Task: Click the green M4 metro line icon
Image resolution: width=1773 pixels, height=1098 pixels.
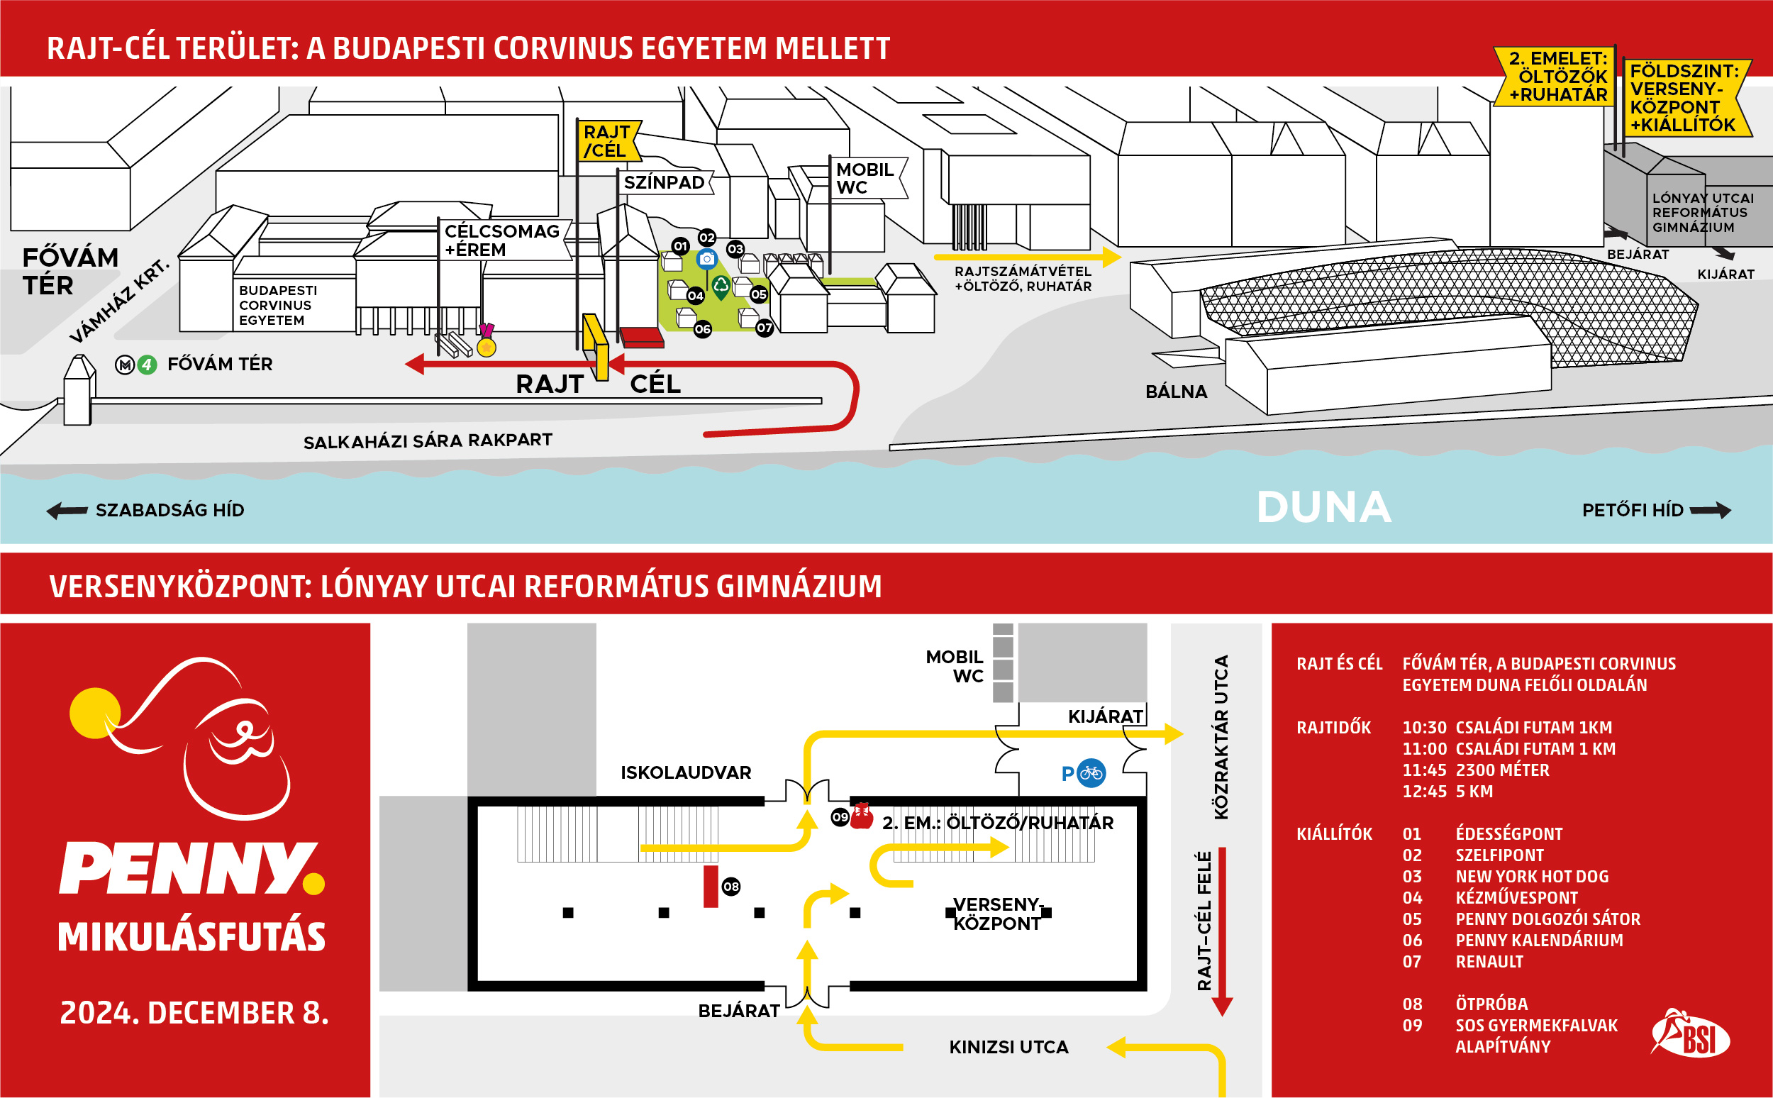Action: pos(148,364)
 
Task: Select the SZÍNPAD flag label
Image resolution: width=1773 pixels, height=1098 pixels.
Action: pos(665,182)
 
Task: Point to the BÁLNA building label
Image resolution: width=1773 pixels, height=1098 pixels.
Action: pos(1176,392)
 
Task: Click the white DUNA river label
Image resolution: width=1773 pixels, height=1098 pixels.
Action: pos(1323,506)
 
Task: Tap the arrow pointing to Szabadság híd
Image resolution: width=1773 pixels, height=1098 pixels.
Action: pos(67,511)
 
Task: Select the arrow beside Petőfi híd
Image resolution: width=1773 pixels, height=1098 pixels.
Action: pos(1711,511)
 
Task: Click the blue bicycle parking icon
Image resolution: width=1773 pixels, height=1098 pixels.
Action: pos(1091,773)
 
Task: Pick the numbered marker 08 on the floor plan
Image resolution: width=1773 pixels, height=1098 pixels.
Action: pos(731,886)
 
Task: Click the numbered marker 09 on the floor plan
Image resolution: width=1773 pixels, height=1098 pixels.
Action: pos(840,817)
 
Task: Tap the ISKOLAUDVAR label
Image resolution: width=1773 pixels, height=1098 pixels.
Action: pos(685,772)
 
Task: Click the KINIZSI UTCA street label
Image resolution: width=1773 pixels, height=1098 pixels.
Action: pos(1008,1047)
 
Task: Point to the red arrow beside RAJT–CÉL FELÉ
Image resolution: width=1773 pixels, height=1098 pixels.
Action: pos(1222,932)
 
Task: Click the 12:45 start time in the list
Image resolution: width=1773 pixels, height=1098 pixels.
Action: pos(1424,792)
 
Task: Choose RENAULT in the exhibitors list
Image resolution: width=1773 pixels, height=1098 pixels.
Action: pos(1489,962)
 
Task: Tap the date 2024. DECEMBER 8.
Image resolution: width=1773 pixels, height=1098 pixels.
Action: pos(194,1013)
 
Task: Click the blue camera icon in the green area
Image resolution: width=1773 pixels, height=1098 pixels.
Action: pos(706,258)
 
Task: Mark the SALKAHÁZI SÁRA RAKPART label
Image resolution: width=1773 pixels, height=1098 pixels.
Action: pos(428,440)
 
